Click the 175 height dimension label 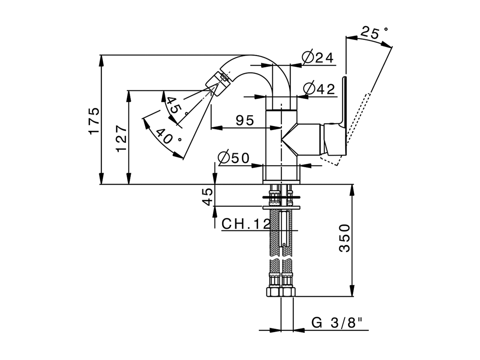[94, 120]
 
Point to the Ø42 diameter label [319, 89]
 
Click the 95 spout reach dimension [245, 120]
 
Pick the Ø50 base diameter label [233, 158]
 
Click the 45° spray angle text [175, 106]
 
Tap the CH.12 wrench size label [246, 224]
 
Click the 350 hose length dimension [344, 238]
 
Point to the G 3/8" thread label [337, 322]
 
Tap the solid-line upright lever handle [344, 101]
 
